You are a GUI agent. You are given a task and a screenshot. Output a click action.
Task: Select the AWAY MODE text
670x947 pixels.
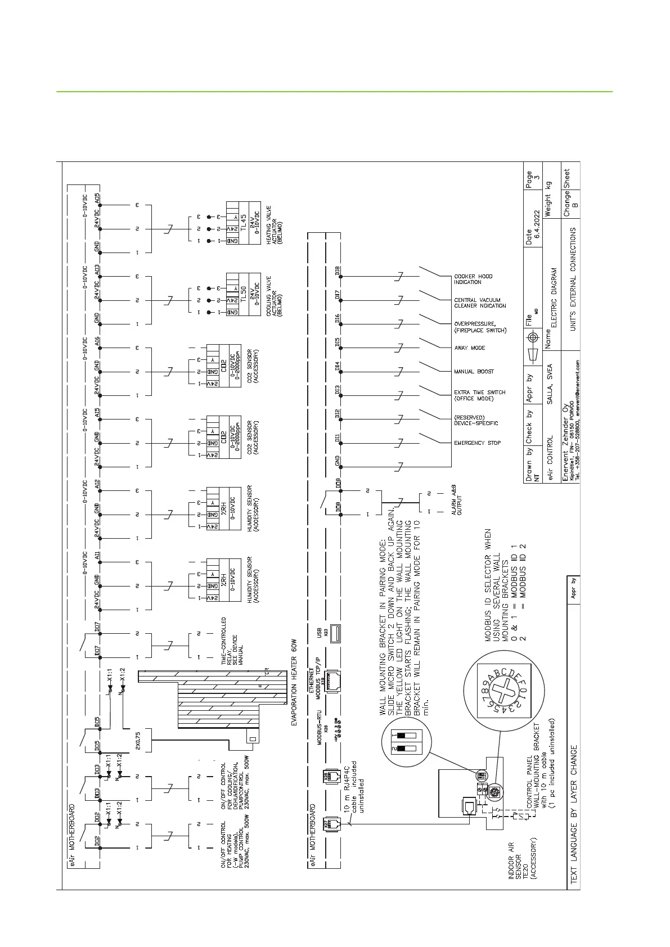tap(469, 348)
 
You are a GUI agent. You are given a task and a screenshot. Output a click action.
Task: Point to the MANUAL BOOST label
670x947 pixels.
tap(474, 372)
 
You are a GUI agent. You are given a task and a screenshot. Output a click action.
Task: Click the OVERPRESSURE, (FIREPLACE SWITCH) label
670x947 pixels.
tap(480, 327)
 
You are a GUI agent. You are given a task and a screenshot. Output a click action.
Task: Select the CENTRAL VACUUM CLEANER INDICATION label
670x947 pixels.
tap(480, 303)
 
